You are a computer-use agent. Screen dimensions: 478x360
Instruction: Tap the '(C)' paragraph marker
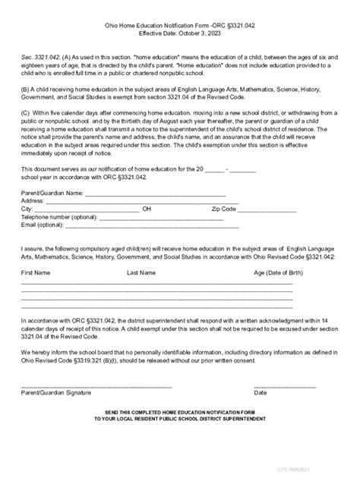(x=26, y=123)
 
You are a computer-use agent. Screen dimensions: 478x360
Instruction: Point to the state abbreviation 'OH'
(x=147, y=209)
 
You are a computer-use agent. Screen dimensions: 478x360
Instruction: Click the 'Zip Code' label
(x=224, y=209)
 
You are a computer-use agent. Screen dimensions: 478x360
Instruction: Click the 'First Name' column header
(x=36, y=272)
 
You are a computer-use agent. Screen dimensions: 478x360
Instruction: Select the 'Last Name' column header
(x=141, y=272)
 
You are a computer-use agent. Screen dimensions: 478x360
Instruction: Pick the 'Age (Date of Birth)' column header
(x=281, y=272)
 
